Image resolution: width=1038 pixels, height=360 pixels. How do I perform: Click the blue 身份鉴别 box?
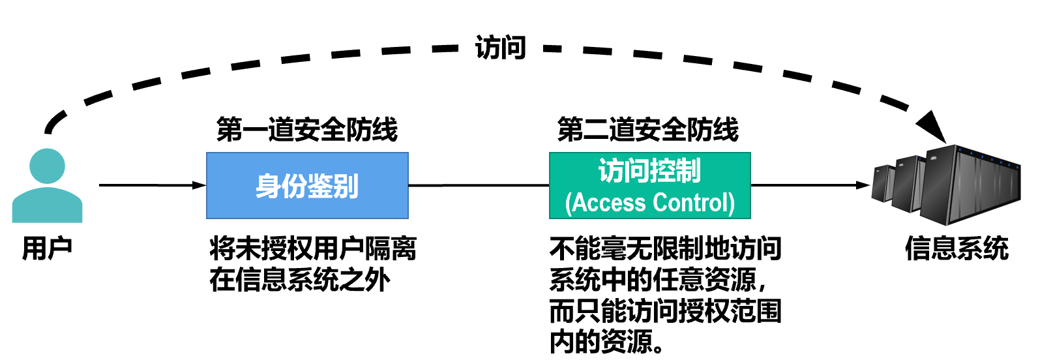(307, 186)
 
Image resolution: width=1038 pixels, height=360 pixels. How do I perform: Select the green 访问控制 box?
(649, 186)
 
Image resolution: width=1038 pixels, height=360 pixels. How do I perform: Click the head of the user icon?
(47, 166)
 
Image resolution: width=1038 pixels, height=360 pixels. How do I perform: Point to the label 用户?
(47, 248)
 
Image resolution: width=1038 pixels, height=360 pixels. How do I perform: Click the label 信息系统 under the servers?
(956, 248)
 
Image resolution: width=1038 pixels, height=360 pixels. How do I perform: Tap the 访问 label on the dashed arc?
(500, 48)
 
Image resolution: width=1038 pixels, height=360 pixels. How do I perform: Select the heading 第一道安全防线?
(307, 130)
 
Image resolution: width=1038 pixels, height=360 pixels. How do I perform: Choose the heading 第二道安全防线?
(648, 130)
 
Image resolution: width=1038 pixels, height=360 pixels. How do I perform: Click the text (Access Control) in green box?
(649, 203)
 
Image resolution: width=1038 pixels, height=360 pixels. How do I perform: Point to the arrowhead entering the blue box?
(200, 185)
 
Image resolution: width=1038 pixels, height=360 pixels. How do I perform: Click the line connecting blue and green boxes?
(479, 185)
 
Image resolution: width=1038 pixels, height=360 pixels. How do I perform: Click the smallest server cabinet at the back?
(883, 183)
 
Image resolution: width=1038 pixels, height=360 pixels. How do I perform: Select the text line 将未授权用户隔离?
(313, 248)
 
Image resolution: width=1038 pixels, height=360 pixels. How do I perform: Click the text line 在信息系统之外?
(300, 280)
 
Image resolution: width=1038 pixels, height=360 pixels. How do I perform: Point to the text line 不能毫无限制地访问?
(665, 248)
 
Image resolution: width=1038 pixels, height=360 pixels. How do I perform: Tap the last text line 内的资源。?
(607, 342)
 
